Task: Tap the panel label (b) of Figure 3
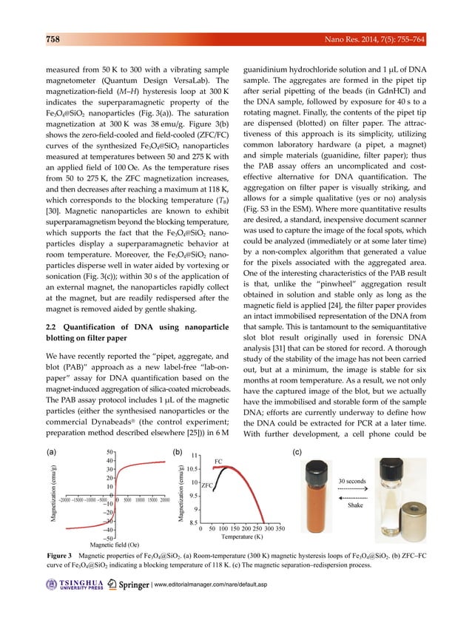point(177,451)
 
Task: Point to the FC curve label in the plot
point(218,461)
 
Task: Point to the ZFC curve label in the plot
point(208,485)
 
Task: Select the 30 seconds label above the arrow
point(353,481)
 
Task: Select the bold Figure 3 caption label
point(59,555)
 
